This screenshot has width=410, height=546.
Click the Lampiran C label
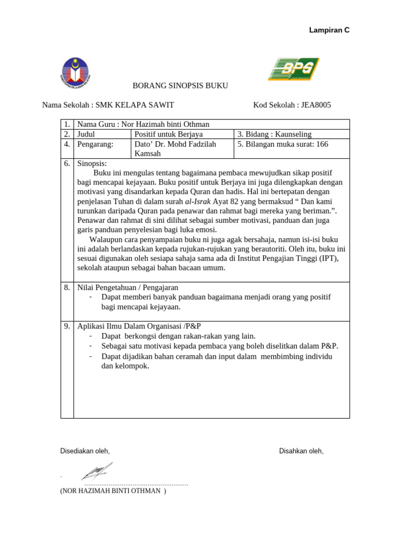point(329,30)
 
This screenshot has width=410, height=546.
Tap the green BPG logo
point(293,69)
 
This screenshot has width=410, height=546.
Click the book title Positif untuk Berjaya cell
point(169,134)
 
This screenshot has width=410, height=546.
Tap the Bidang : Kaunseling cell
point(274,134)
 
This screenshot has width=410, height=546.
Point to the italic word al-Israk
point(198,202)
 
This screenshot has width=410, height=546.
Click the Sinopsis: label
point(92,163)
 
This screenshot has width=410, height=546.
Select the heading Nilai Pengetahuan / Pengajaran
point(128,287)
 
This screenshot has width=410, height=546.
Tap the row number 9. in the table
point(67,326)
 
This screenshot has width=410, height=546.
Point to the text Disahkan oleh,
point(301,451)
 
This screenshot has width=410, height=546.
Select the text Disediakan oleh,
point(85,451)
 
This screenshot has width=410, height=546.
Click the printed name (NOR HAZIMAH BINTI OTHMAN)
point(113,491)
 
